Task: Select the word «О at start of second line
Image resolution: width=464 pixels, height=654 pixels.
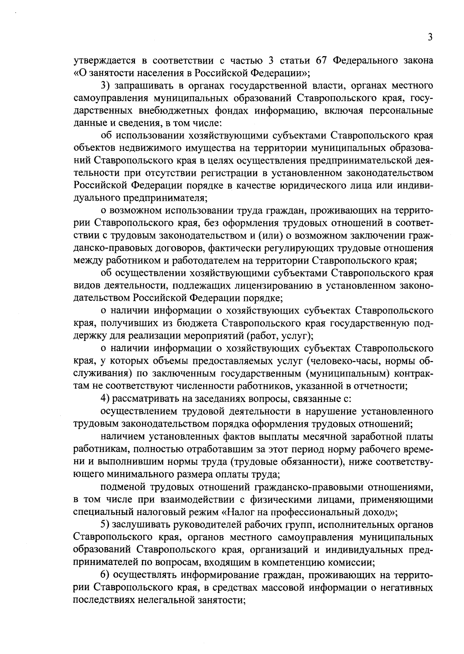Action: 78,73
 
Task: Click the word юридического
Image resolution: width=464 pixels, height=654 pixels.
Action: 314,186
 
